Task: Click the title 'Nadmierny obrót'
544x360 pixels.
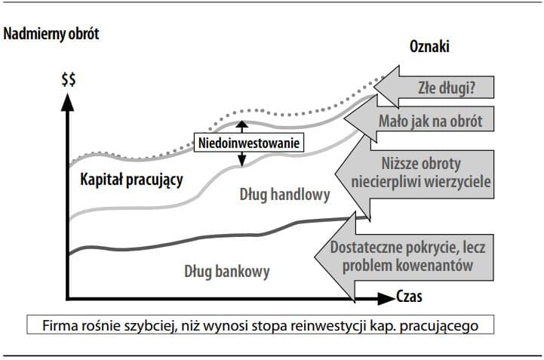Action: (x=51, y=34)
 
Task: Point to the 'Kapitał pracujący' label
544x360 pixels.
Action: (x=131, y=180)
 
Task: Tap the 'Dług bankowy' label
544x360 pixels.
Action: (x=226, y=271)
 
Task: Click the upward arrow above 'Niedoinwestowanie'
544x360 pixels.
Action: (x=241, y=126)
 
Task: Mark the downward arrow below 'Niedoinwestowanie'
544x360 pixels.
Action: (x=241, y=158)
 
